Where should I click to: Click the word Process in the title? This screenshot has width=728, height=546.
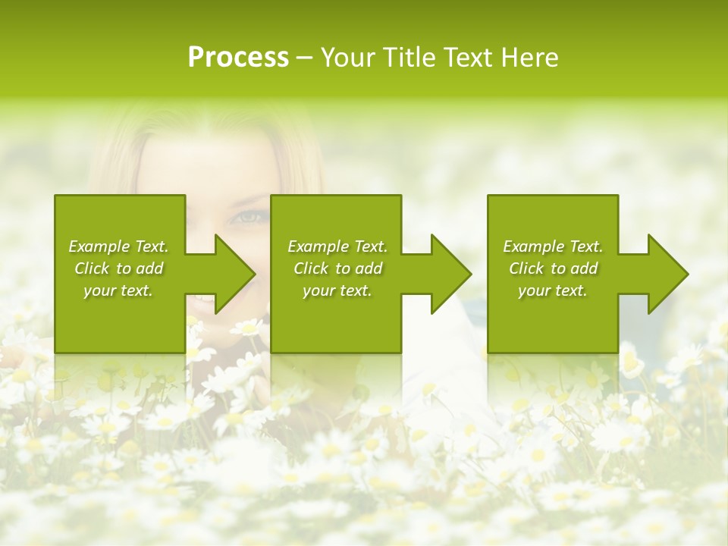(238, 58)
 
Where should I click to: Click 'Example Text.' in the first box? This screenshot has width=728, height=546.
(118, 246)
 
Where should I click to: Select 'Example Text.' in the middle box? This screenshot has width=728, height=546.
(337, 246)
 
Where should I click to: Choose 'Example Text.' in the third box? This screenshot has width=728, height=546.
(553, 246)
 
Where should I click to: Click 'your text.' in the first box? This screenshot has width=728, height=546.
(118, 290)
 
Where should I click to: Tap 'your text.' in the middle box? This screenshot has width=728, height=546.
(337, 290)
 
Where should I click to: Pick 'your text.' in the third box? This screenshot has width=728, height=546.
(553, 290)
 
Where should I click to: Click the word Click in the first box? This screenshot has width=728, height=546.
(92, 268)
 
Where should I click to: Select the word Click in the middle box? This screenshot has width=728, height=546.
(311, 268)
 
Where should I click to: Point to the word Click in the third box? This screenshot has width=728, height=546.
(526, 268)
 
